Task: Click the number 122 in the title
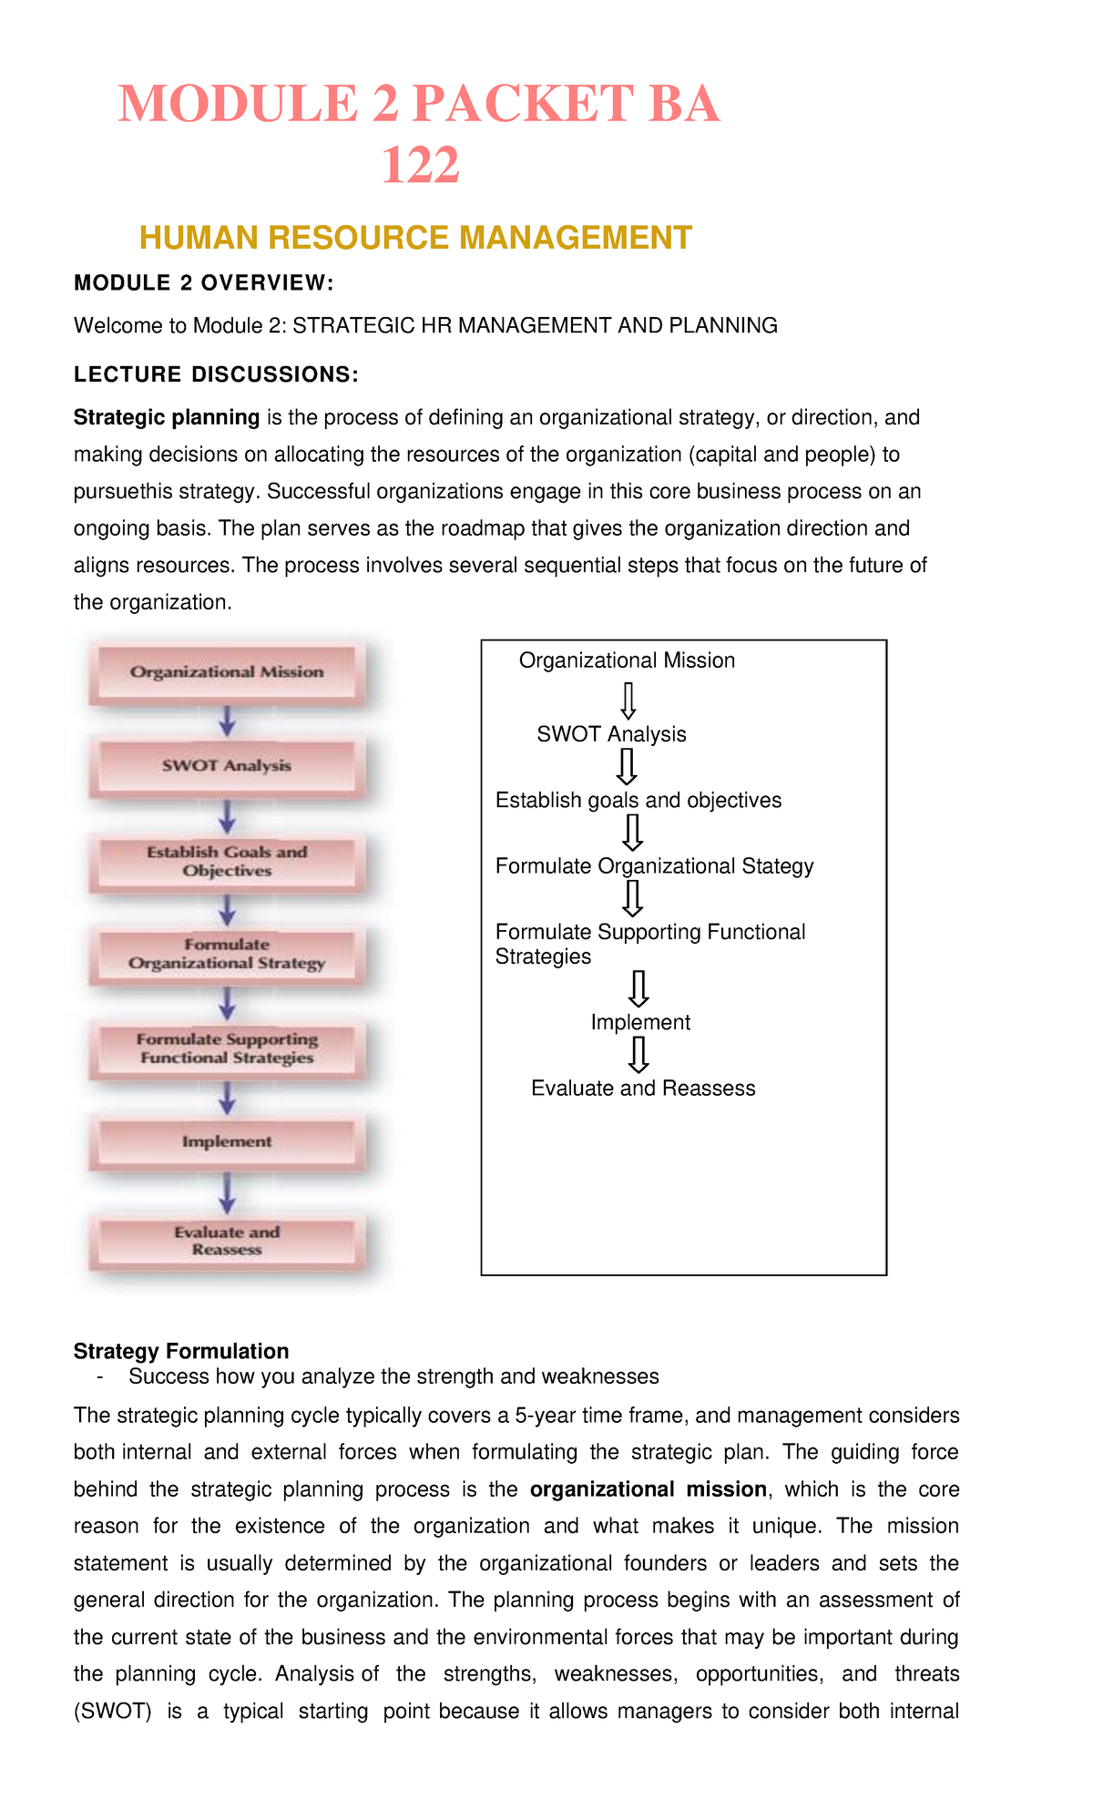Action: coord(420,166)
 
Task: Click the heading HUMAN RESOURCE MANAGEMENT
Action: coord(415,238)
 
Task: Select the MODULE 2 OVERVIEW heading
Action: coord(204,283)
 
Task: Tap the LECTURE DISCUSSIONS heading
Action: coord(216,374)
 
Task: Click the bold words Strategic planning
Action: coord(167,417)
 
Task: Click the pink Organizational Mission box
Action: coord(227,672)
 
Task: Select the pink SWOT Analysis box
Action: coord(227,766)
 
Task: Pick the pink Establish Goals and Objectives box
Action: coord(227,861)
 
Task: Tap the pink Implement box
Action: coord(227,1141)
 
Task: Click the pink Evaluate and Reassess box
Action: coord(227,1241)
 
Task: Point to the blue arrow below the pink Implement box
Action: coord(228,1191)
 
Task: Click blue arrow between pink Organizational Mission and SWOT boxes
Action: coord(228,720)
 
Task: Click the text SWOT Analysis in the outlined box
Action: coord(611,734)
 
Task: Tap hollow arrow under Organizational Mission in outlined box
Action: coord(628,701)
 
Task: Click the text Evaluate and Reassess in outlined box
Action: coord(643,1089)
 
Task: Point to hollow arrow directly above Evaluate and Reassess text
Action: coord(638,1055)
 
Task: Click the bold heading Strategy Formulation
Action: coord(181,1351)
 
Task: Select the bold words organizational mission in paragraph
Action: coord(648,1489)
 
